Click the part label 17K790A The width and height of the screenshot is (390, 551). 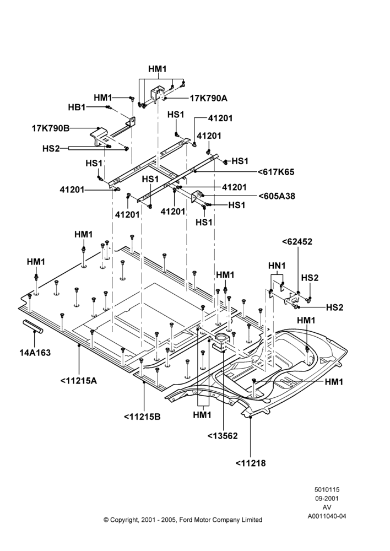coord(209,98)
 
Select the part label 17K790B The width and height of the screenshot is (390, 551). coord(51,128)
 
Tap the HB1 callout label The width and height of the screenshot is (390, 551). coord(77,107)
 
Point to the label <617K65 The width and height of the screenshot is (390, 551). coord(276,172)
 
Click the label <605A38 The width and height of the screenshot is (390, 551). coord(277,196)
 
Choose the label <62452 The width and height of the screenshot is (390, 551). coord(297,242)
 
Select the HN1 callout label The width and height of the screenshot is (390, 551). coord(277,266)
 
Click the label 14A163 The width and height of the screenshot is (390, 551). coord(35,353)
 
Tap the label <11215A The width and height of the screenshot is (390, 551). coord(79,381)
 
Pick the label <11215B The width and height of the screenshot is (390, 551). coord(142,417)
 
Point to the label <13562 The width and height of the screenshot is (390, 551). coord(223,436)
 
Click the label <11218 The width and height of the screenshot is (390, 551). coord(251,463)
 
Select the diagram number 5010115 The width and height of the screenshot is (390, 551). coord(327,489)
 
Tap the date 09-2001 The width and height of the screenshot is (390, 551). coord(327,498)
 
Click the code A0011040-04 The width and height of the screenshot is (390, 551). coord(327,516)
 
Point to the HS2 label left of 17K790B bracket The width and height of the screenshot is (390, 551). coord(51,149)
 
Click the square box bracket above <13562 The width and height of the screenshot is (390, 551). coord(221,341)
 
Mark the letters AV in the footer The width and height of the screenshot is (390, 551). coord(327,507)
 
